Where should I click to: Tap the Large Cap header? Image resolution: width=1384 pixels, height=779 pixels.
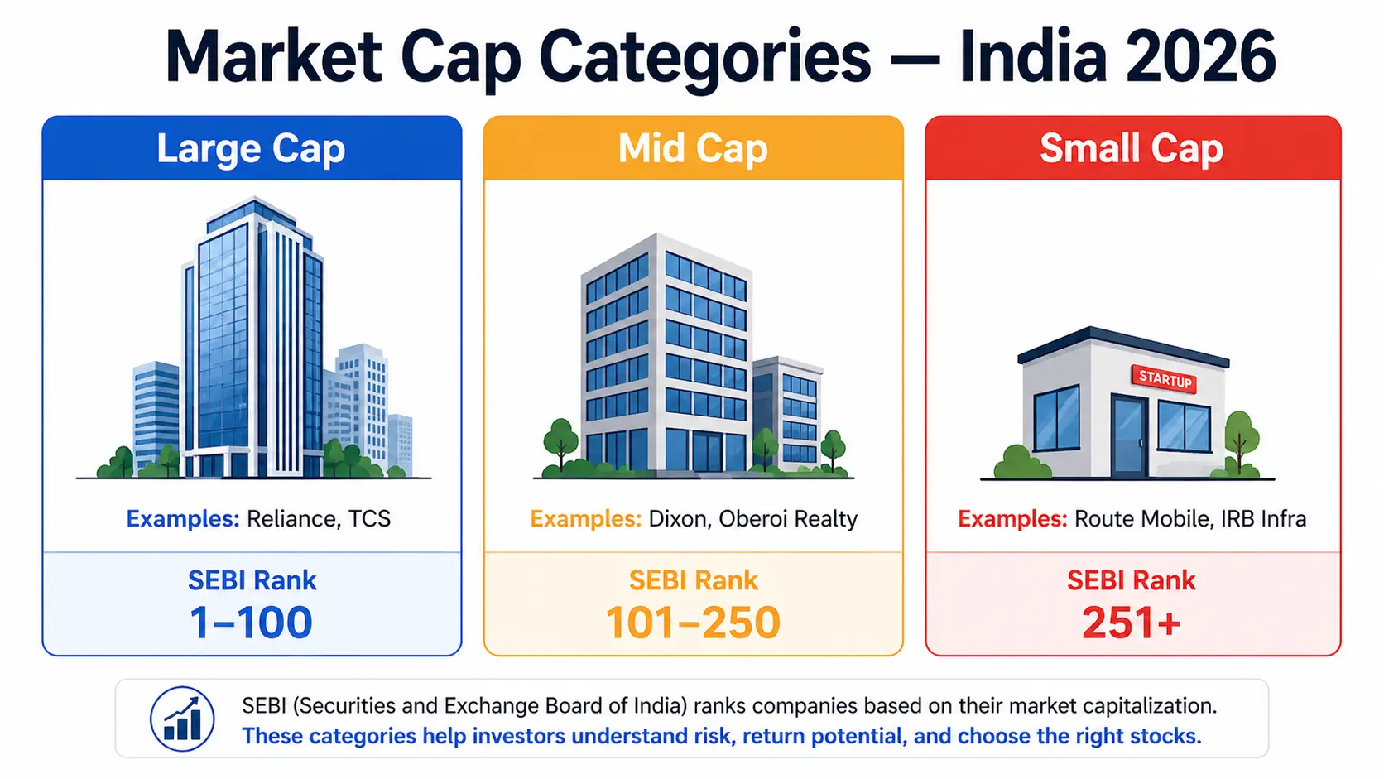(x=251, y=149)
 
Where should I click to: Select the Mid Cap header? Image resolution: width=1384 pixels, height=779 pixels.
(x=693, y=149)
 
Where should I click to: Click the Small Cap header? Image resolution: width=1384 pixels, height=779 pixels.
(x=1132, y=149)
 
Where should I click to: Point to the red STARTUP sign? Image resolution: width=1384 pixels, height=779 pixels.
(x=1164, y=379)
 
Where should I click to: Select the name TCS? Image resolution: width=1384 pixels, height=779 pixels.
(x=369, y=519)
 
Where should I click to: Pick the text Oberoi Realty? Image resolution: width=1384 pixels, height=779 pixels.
(x=788, y=519)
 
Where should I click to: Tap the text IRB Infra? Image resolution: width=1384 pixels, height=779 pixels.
(x=1263, y=519)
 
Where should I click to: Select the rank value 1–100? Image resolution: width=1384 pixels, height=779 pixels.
(x=251, y=623)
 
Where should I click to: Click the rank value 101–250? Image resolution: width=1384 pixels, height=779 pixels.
(x=693, y=623)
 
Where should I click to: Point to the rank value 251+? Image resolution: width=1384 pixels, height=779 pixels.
(x=1131, y=623)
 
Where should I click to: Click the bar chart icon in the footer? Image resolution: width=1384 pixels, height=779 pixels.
(x=182, y=719)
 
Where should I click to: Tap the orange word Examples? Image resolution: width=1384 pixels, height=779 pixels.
(x=585, y=519)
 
